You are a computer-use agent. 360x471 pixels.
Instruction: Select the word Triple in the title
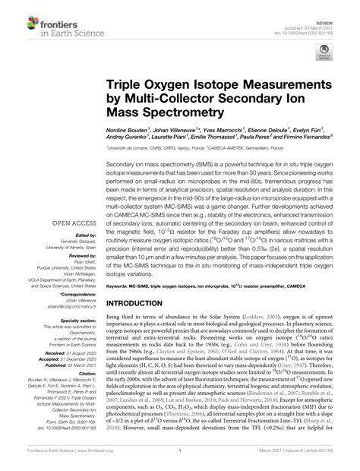pyautogui.click(x=129, y=82)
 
